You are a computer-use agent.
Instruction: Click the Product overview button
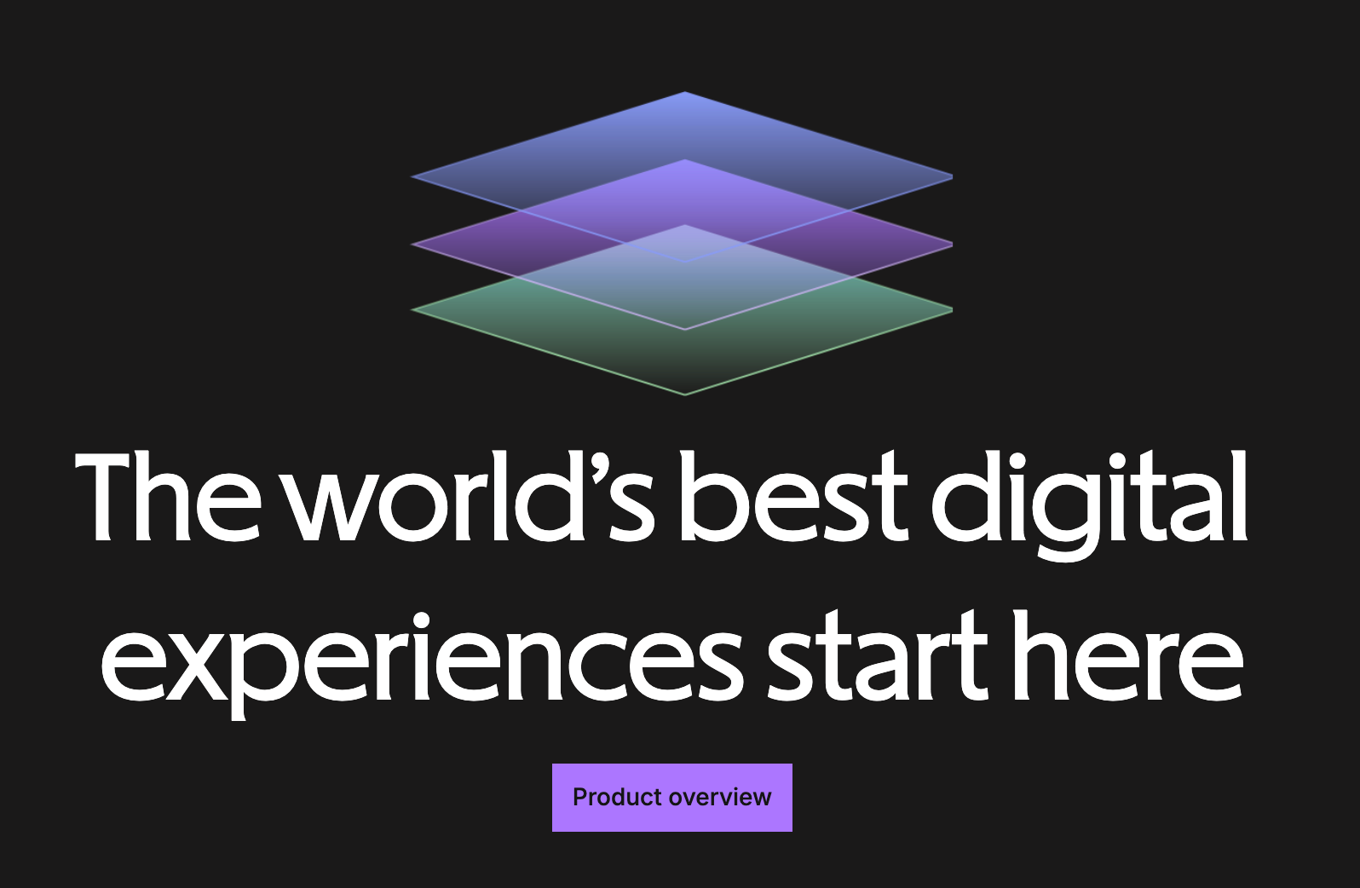672,797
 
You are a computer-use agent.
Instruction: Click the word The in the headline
167,496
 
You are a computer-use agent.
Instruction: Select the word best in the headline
793,496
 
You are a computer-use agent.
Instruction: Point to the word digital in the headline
1089,505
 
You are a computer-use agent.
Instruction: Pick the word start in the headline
877,656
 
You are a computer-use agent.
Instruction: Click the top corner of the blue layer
685,92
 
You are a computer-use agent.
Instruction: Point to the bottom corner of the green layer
685,395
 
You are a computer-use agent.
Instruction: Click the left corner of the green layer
412,309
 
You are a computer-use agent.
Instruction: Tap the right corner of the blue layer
951,176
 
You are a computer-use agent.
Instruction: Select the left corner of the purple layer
412,245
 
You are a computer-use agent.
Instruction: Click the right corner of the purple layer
951,245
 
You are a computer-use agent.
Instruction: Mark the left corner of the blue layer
412,176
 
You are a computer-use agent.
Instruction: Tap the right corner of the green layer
951,309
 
